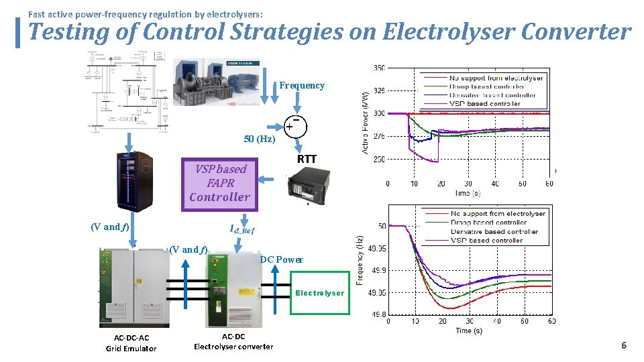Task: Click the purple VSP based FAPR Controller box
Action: (220, 183)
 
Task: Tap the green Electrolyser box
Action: (320, 292)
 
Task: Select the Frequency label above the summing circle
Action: (302, 85)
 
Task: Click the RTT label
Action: (307, 160)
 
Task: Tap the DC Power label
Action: (281, 259)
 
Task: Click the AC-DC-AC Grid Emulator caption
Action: (131, 343)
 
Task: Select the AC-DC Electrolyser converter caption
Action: (233, 341)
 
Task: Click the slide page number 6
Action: (623, 345)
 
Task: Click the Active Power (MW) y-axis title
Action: (366, 113)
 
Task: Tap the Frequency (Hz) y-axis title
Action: (360, 259)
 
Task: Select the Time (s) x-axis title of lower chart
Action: (469, 330)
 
